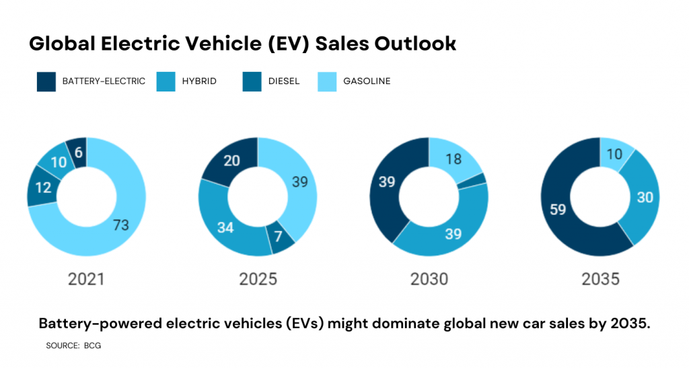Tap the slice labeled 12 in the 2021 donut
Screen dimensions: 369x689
42,188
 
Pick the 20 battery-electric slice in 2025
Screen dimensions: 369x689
231,161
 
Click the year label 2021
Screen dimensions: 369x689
86,279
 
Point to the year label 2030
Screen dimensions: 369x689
429,279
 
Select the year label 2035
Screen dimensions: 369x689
600,279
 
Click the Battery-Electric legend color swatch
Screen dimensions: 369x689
46,82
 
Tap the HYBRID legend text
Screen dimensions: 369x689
199,81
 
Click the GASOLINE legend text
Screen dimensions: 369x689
367,81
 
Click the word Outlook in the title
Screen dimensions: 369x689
412,44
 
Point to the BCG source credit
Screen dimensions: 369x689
92,345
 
